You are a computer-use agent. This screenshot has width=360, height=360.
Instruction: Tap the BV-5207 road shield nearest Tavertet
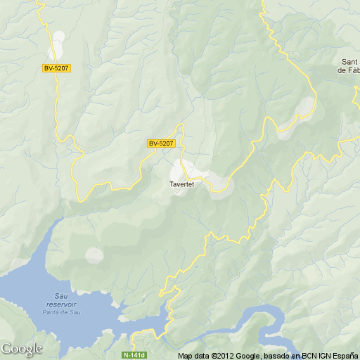(160, 143)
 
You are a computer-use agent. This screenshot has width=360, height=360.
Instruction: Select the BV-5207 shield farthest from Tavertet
(56, 67)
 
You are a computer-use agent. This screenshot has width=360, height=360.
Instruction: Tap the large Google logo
(21, 349)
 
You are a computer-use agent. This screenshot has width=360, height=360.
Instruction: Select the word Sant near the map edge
(349, 62)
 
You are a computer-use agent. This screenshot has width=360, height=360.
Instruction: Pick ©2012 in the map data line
(220, 355)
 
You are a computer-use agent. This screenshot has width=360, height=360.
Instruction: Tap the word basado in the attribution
(271, 355)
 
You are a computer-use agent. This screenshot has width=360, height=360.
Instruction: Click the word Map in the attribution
(184, 355)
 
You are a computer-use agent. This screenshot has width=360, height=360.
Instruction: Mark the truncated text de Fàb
(349, 70)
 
